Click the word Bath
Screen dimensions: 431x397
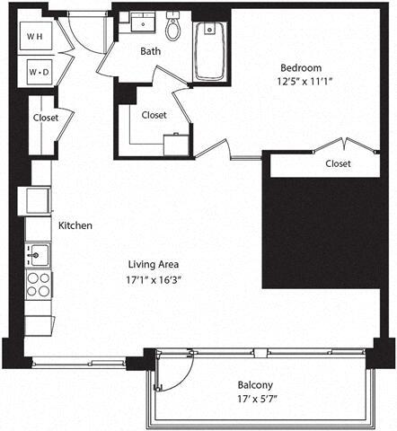click(x=150, y=51)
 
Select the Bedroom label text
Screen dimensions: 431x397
click(x=300, y=67)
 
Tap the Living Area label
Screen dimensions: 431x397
click(x=154, y=264)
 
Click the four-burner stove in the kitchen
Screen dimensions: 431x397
click(x=38, y=285)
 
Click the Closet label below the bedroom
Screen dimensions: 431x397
click(x=338, y=163)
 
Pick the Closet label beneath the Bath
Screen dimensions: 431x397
click(x=154, y=114)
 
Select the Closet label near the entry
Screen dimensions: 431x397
click(x=45, y=118)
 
